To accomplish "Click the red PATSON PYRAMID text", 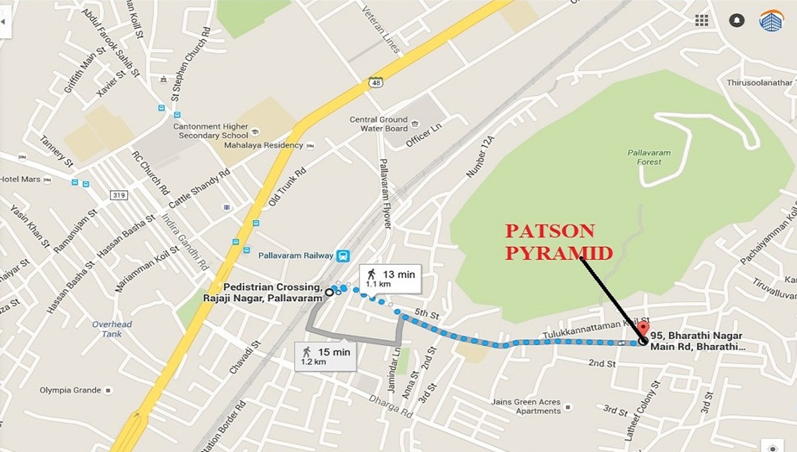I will coord(559,242).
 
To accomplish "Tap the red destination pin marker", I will coord(642,329).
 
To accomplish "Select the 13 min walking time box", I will coord(390,278).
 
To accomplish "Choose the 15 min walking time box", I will coord(325,356).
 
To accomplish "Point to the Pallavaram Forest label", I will coord(648,157).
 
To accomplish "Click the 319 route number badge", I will coord(118,194).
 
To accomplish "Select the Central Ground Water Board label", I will coord(379,124).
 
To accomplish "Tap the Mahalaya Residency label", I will coord(263,145).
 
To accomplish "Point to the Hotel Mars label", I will coord(20,179).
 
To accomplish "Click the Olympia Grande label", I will coord(70,390).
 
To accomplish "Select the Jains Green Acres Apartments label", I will coord(526,406).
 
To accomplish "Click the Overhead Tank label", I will coord(112,329).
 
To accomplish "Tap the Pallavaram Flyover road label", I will coord(386,194).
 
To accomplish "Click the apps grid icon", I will coord(702,20).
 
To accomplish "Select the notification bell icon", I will coord(737,20).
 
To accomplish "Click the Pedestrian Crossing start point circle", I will coord(329,292).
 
